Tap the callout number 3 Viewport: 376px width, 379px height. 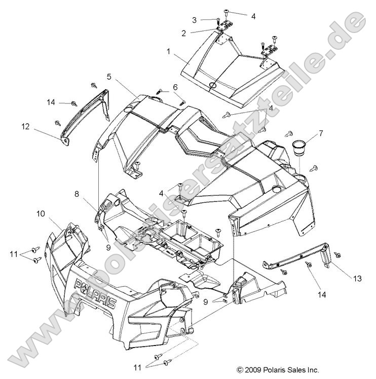[x=194, y=20]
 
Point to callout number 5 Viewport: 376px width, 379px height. [x=109, y=77]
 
